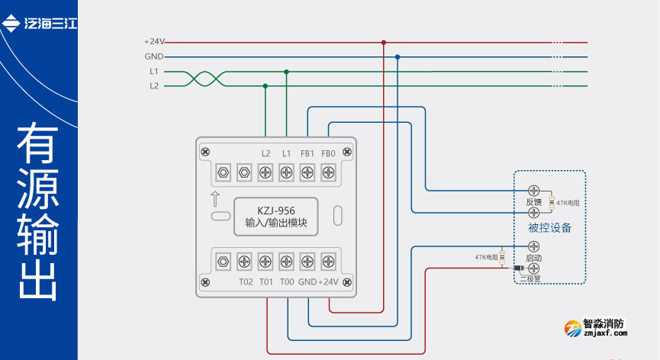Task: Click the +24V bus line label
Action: pos(154,42)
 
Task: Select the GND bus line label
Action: pos(154,56)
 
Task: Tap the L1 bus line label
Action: pos(154,72)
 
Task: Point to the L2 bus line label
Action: pos(154,86)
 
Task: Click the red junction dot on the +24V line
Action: pos(383,43)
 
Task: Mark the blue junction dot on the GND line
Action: pos(398,56)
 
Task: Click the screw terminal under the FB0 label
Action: pos(329,172)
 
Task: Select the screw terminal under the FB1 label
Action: pos(307,172)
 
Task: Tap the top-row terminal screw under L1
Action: pos(286,172)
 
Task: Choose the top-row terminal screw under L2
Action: pos(266,172)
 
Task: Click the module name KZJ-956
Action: pos(275,211)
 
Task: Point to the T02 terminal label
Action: pos(245,282)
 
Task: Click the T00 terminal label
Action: pos(286,282)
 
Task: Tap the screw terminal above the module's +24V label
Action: pos(329,261)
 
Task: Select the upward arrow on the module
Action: pos(215,199)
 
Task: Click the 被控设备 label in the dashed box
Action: pos(549,228)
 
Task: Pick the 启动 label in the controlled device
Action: pos(533,259)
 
